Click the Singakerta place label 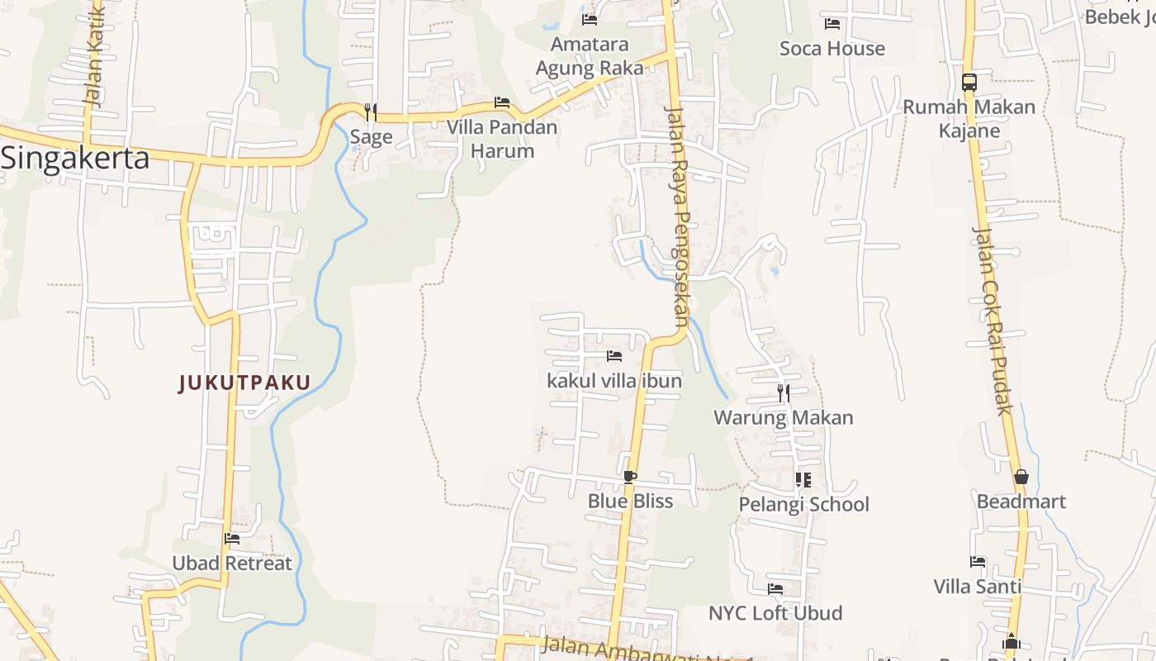tap(75, 157)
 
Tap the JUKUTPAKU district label tap(244, 383)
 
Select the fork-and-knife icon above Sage tap(371, 112)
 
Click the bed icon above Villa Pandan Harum tap(501, 102)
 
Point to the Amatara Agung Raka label tap(590, 56)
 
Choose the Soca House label tap(832, 49)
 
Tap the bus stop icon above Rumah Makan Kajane tap(969, 83)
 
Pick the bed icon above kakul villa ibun tap(614, 356)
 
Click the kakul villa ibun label tap(614, 381)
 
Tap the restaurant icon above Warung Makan tap(784, 393)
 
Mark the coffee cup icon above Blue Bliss tap(630, 477)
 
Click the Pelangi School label tap(803, 504)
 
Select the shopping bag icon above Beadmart tap(1021, 477)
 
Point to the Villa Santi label tap(978, 587)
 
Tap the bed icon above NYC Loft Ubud tap(775, 589)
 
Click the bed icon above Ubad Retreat tap(232, 539)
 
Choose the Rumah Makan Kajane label tap(969, 119)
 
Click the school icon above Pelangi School tap(803, 479)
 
